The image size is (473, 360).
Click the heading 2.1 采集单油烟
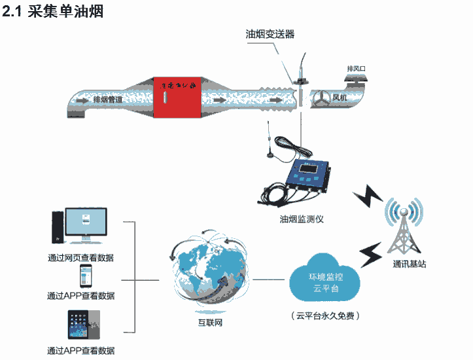54,12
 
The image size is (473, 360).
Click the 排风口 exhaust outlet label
358,69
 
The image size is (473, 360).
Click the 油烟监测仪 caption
302,219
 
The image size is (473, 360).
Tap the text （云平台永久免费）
326,316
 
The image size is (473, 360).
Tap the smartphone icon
84,276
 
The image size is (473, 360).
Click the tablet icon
82,323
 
